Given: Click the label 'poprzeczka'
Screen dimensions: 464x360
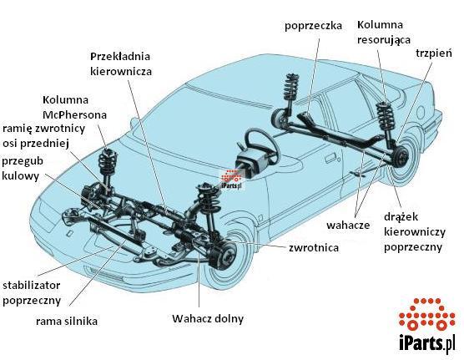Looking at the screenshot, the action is (x=313, y=26).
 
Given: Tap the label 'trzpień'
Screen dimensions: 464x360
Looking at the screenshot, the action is (x=434, y=53).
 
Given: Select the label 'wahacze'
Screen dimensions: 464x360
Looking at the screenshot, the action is (x=348, y=225).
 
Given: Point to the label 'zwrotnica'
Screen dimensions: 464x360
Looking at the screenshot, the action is (x=314, y=247).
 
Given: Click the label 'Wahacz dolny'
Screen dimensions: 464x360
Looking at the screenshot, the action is (x=208, y=319).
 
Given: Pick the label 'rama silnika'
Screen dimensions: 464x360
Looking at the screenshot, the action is (x=67, y=322).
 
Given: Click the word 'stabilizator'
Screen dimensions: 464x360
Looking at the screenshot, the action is (x=32, y=286).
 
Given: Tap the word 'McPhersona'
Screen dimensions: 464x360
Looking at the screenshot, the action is (x=74, y=114).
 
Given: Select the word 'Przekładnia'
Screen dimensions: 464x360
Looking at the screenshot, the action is (x=120, y=56).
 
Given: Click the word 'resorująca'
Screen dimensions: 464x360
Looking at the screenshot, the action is (x=384, y=40).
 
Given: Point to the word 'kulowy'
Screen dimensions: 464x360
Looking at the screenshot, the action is (x=20, y=176).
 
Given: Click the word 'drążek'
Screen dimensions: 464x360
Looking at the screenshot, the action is (x=401, y=217).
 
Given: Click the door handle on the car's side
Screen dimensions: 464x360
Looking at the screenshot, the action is (x=330, y=158).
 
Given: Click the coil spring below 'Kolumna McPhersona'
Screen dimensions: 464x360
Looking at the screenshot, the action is (x=108, y=163).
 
